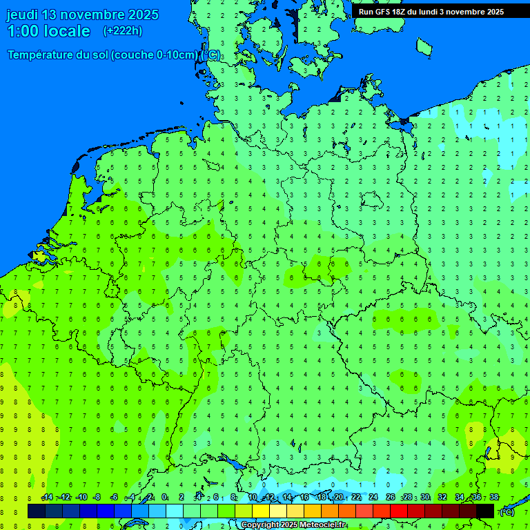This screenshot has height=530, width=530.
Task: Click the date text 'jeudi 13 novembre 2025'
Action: [x=82, y=14]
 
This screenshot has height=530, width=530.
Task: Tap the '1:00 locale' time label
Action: [x=48, y=31]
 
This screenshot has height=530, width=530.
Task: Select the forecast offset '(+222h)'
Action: [x=123, y=30]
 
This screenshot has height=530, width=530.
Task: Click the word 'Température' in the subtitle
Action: [x=41, y=55]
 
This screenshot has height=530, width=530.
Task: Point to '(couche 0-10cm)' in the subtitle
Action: [x=155, y=55]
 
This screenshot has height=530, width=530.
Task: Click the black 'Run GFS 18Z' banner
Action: [x=431, y=11]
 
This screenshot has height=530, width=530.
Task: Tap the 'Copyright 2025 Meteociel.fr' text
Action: [x=293, y=525]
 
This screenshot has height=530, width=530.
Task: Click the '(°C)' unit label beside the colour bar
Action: [x=507, y=511]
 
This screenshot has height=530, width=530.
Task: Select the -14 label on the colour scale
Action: [x=47, y=498]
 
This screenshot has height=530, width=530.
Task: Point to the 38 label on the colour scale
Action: [x=493, y=498]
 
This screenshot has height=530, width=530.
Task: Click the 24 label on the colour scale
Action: [x=373, y=498]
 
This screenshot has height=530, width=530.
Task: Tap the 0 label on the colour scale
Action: [x=164, y=498]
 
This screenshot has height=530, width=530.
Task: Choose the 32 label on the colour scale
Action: [x=442, y=498]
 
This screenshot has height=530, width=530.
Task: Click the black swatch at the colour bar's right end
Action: [x=485, y=511]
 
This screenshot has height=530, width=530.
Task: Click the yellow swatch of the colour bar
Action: [x=261, y=511]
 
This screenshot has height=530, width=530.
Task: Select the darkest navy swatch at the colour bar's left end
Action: [x=37, y=511]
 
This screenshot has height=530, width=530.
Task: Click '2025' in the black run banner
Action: [x=492, y=12]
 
